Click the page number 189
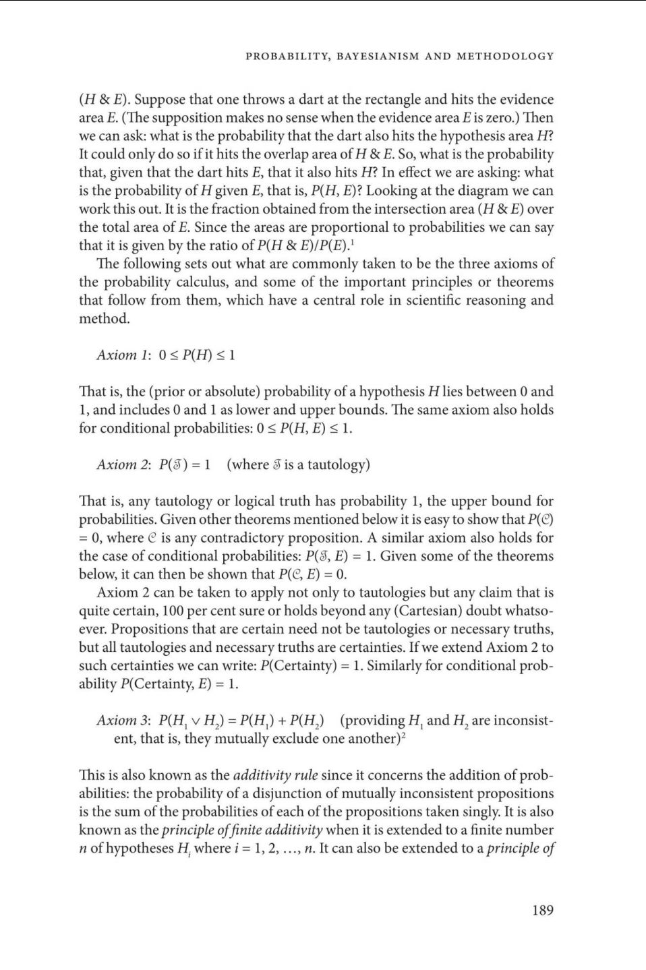click(x=542, y=910)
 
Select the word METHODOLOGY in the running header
click(x=505, y=56)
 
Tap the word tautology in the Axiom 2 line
click(x=335, y=464)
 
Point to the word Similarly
click(x=400, y=665)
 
